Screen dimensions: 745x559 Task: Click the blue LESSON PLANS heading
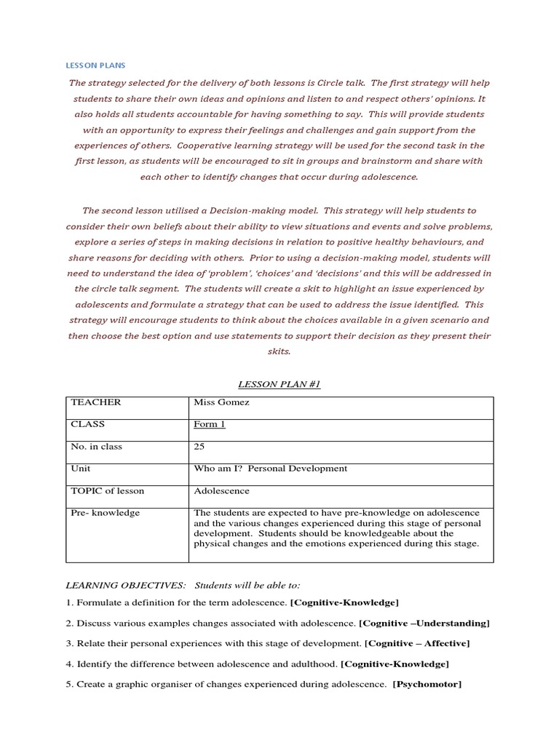tap(95, 65)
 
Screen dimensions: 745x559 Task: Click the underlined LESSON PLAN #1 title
tap(279, 384)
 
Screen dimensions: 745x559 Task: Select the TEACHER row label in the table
tap(96, 402)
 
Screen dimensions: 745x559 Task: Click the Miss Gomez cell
tap(221, 402)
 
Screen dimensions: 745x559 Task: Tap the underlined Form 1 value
tap(209, 424)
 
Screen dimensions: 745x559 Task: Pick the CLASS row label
tap(88, 424)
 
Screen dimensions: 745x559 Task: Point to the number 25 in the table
tap(199, 447)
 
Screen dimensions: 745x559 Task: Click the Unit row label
tap(81, 469)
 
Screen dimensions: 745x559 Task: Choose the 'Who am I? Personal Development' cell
tap(270, 469)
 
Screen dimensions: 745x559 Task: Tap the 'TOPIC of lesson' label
tap(107, 490)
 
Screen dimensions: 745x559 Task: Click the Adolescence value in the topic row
tap(221, 490)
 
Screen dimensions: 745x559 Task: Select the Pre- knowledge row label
tap(105, 512)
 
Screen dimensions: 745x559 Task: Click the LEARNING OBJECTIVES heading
tap(124, 585)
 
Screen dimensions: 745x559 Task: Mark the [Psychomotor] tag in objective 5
tap(427, 684)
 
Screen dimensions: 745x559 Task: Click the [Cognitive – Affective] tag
tap(417, 643)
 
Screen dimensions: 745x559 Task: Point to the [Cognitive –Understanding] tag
tap(424, 623)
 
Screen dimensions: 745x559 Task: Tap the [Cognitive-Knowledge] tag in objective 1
tap(344, 602)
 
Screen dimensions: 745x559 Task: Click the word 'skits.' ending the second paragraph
tap(279, 351)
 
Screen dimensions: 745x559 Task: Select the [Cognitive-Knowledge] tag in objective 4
tap(395, 664)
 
